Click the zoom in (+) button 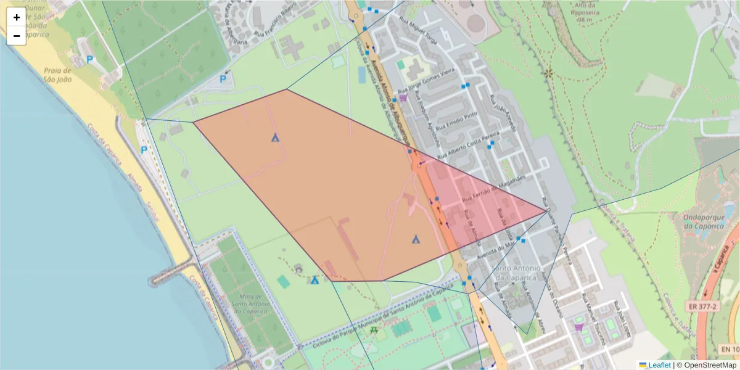pos(17,17)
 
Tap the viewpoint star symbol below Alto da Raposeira pos(548,73)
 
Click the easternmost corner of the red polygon pos(546,212)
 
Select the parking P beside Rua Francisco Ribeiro pos(224,79)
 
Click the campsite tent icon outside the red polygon pos(314,280)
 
